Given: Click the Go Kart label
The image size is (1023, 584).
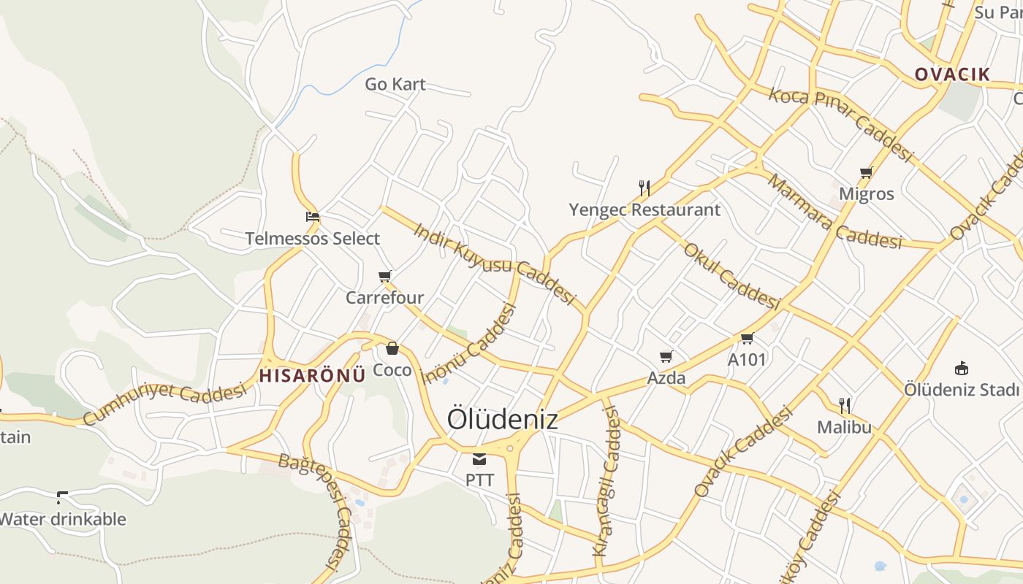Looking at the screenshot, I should (395, 84).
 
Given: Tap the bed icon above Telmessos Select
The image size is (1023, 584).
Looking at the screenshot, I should (313, 217).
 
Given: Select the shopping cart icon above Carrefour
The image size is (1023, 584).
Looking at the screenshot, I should (385, 277).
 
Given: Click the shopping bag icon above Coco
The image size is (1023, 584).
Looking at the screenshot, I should (392, 348).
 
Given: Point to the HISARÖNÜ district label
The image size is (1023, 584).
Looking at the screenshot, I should (312, 376).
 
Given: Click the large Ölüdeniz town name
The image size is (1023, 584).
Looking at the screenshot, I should (502, 419).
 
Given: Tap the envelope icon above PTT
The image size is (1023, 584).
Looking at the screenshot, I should (479, 458).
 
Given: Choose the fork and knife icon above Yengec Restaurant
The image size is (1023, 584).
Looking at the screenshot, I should (644, 188).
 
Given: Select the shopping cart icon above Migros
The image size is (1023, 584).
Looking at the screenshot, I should (867, 173).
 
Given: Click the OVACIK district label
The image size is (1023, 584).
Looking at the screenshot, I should (952, 74).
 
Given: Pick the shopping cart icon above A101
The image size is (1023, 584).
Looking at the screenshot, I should (747, 338).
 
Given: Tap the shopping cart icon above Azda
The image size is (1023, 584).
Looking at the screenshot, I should (666, 357).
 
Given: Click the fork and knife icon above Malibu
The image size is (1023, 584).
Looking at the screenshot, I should (845, 406).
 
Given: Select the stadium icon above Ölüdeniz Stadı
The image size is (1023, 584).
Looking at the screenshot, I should (962, 368).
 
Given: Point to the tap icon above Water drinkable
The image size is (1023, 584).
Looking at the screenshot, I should (62, 498).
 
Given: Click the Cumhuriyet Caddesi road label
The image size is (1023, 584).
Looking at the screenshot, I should (164, 402).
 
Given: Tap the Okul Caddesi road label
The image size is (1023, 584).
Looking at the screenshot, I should (731, 275).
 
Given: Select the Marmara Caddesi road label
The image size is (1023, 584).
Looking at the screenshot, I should (834, 212).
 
